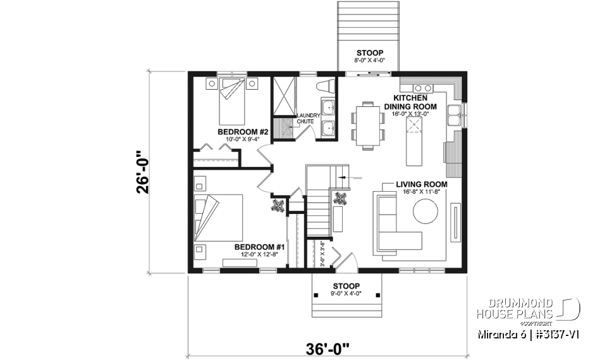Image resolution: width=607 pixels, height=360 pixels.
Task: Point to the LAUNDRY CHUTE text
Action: click(x=309, y=118)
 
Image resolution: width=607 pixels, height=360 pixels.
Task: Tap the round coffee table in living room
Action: click(x=426, y=213)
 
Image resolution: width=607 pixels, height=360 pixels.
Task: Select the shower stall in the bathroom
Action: click(x=285, y=97)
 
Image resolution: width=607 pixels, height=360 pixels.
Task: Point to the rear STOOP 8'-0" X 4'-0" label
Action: click(x=369, y=56)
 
